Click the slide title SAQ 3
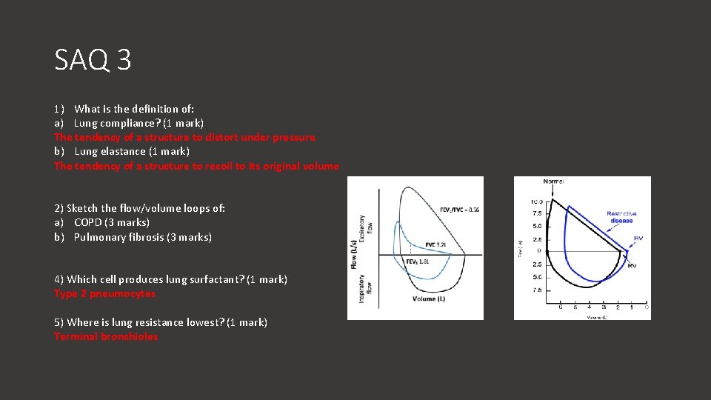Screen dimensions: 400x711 click(x=93, y=60)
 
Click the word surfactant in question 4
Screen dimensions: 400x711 click(x=216, y=279)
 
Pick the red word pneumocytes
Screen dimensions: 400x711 click(x=126, y=293)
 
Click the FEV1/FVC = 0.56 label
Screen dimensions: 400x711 click(x=459, y=210)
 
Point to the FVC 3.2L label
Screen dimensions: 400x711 click(x=435, y=244)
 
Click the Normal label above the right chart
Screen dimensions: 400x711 click(x=553, y=181)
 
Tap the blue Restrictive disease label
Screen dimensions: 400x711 click(x=621, y=217)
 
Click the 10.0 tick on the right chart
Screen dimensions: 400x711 click(x=536, y=201)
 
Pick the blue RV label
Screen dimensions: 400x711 click(x=638, y=239)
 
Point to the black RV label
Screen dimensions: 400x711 click(x=632, y=265)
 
